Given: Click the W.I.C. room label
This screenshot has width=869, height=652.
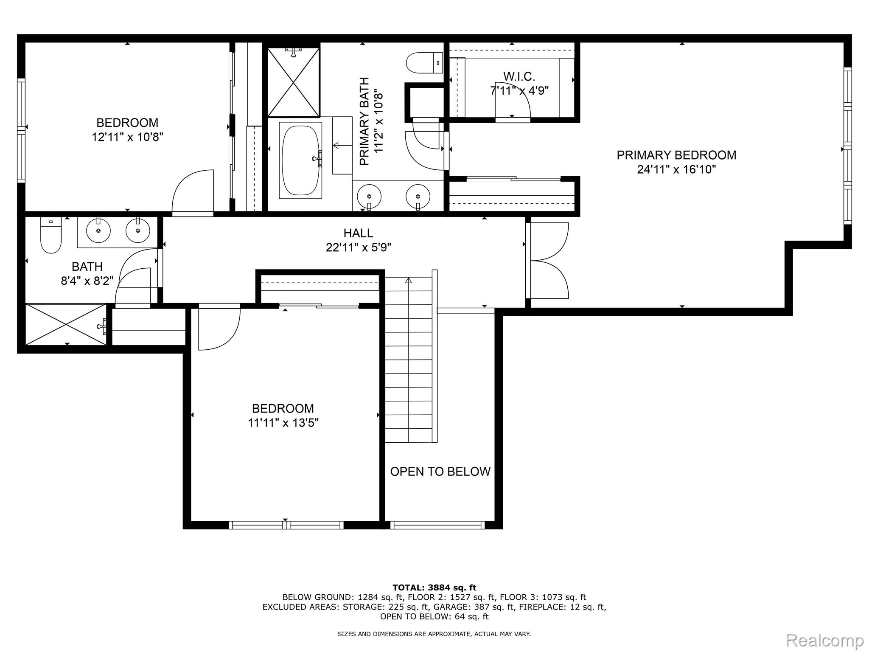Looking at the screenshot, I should click(519, 77).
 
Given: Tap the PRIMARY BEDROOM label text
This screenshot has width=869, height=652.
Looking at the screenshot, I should click(676, 155).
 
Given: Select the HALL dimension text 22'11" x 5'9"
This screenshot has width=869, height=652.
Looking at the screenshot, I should click(359, 247).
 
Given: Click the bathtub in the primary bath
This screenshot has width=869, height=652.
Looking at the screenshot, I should click(300, 160).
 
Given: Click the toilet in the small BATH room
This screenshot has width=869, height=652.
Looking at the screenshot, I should click(51, 236).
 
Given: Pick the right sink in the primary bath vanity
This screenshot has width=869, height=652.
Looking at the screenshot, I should click(418, 197).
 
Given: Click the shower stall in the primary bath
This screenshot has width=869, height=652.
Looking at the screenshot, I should click(293, 82).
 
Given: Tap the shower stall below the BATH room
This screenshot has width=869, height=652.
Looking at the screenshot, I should click(66, 324).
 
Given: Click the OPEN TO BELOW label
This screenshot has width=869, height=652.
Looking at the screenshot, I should click(440, 472).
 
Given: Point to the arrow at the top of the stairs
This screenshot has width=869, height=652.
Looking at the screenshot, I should click(409, 281).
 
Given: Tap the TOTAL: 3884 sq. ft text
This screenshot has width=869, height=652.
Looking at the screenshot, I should click(434, 587).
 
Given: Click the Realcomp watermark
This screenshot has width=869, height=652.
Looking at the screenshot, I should click(825, 640).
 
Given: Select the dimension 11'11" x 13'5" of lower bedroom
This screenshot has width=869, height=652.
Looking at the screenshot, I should click(283, 423).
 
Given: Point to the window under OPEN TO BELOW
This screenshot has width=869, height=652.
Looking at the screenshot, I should click(437, 525).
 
